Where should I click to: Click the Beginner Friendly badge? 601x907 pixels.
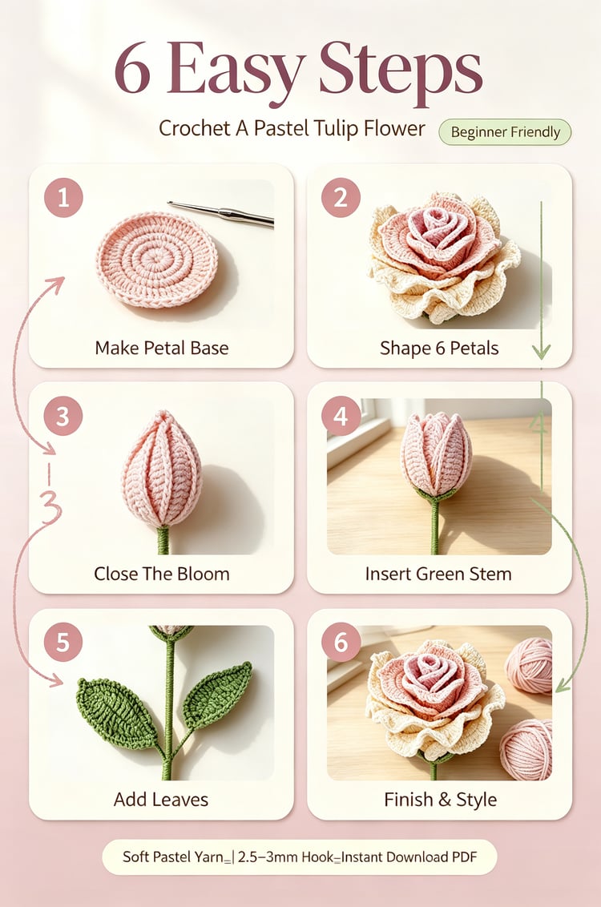[x=505, y=132]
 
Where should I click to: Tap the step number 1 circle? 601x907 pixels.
[x=63, y=198]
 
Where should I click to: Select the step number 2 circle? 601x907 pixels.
[x=341, y=198]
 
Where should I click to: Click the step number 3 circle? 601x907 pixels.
[x=63, y=416]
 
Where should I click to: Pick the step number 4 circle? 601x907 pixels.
[x=341, y=416]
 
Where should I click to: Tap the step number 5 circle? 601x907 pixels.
[x=63, y=642]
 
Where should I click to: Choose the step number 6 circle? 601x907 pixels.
[x=341, y=642]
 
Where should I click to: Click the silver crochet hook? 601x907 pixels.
[x=220, y=213]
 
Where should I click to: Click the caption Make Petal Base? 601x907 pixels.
[x=161, y=348]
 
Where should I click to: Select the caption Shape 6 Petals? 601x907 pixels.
[x=439, y=348]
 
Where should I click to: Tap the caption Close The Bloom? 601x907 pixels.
[x=161, y=573]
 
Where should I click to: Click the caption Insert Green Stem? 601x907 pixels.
[x=438, y=573]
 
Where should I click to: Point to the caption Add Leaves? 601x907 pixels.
[x=161, y=799]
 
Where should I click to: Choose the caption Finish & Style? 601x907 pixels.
[x=440, y=799]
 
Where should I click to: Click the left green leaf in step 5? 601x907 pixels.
[x=116, y=712]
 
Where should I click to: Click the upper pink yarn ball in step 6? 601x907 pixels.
[x=529, y=665]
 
